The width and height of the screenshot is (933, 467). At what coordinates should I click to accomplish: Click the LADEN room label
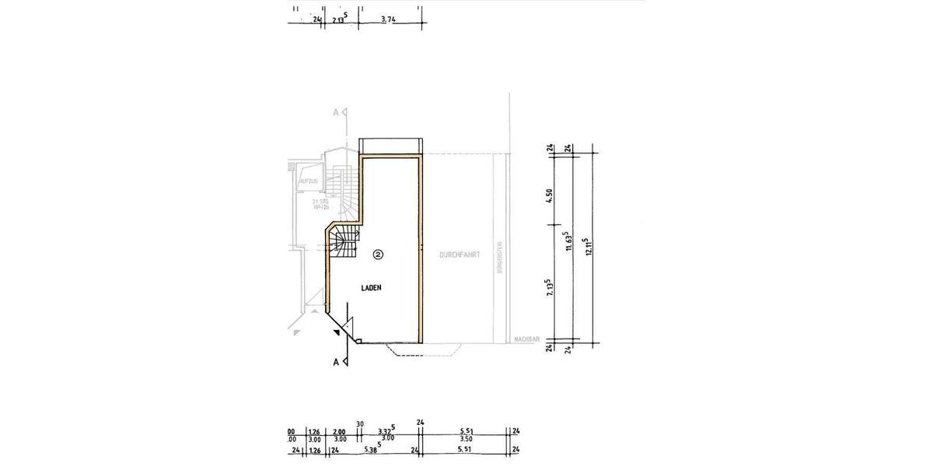371,288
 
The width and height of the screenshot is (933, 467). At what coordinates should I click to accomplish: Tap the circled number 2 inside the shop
378,254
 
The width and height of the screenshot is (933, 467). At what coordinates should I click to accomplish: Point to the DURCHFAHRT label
458,255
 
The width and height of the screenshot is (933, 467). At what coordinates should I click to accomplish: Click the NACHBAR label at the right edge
526,339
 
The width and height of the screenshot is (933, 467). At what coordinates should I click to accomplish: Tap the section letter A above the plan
336,113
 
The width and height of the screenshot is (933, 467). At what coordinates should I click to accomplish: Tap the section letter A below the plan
336,362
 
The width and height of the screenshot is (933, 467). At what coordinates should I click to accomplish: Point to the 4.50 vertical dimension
549,196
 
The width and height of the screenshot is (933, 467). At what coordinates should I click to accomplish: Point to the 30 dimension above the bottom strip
360,424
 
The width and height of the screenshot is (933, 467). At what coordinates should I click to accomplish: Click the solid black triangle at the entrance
335,333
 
